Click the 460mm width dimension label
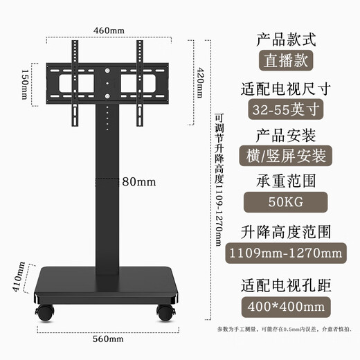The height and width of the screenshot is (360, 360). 109,30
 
